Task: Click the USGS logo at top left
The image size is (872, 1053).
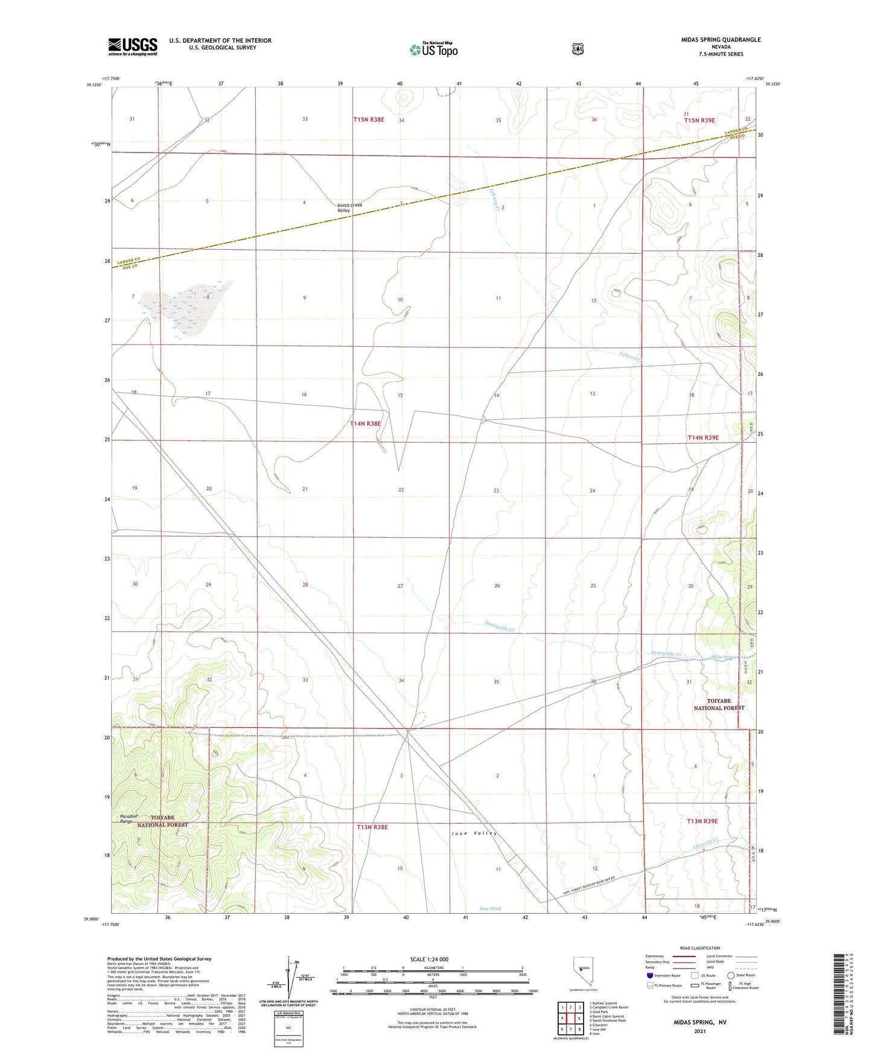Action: tap(132, 46)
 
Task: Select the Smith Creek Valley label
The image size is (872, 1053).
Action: tap(349, 208)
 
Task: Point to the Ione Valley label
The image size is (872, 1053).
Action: tap(474, 833)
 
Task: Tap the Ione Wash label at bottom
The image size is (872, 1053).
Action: tap(490, 908)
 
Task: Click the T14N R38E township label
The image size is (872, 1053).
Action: tap(366, 423)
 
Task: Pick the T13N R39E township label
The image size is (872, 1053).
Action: tap(702, 821)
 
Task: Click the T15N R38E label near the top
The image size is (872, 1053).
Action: tap(369, 120)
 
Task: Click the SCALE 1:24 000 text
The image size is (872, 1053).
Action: tap(429, 959)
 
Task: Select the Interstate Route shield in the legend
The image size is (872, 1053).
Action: tap(649, 975)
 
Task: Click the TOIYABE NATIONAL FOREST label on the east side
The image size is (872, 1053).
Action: tap(719, 704)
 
